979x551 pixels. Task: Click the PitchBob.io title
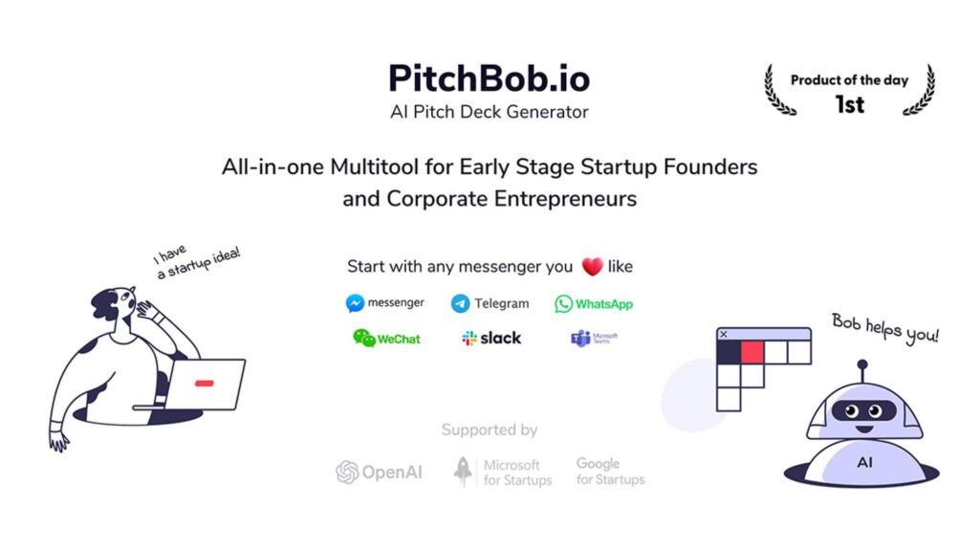pyautogui.click(x=489, y=78)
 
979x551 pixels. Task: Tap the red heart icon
pyautogui.click(x=592, y=267)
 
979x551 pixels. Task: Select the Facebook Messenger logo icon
pyautogui.click(x=355, y=303)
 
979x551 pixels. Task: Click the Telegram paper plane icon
pyautogui.click(x=460, y=303)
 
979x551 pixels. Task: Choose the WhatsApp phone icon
pyautogui.click(x=563, y=303)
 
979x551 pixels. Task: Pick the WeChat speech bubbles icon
pyautogui.click(x=364, y=338)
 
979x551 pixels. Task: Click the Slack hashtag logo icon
pyautogui.click(x=468, y=339)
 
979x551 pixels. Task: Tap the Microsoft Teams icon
pyautogui.click(x=580, y=338)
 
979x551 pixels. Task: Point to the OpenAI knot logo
pyautogui.click(x=347, y=473)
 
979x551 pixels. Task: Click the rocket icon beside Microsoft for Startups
pyautogui.click(x=463, y=472)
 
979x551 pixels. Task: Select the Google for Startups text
pyautogui.click(x=610, y=471)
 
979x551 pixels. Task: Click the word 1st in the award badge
pyautogui.click(x=850, y=104)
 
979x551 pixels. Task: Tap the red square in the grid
pyautogui.click(x=752, y=352)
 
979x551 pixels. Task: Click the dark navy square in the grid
pyautogui.click(x=729, y=352)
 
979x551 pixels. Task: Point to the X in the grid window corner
pyautogui.click(x=724, y=334)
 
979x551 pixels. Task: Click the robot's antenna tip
pyautogui.click(x=862, y=364)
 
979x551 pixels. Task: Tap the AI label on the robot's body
pyautogui.click(x=864, y=462)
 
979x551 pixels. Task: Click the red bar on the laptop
pyautogui.click(x=205, y=383)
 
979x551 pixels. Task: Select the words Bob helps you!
pyautogui.click(x=885, y=329)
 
